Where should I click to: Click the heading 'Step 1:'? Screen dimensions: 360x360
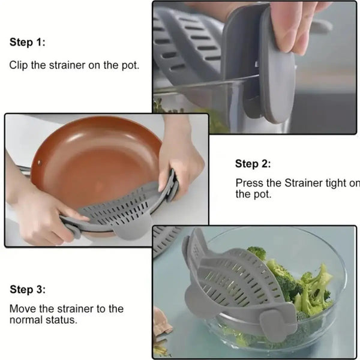pyautogui.click(x=27, y=43)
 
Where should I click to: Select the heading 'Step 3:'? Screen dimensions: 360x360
pyautogui.click(x=27, y=290)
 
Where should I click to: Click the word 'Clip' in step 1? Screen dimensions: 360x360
pyautogui.click(x=19, y=65)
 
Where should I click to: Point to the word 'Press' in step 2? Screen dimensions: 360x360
pyautogui.click(x=249, y=183)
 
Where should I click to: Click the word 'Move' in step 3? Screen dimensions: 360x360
pyautogui.click(x=22, y=309)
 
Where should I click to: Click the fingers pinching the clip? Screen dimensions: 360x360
pyautogui.click(x=294, y=24)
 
